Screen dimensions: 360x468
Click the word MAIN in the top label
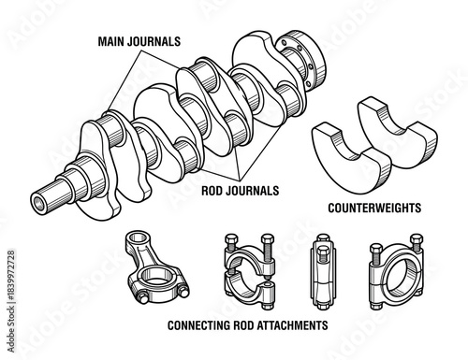pyautogui.click(x=110, y=41)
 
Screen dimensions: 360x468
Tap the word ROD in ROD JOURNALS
pyautogui.click(x=213, y=190)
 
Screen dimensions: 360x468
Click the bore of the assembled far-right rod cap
pyautogui.click(x=397, y=281)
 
